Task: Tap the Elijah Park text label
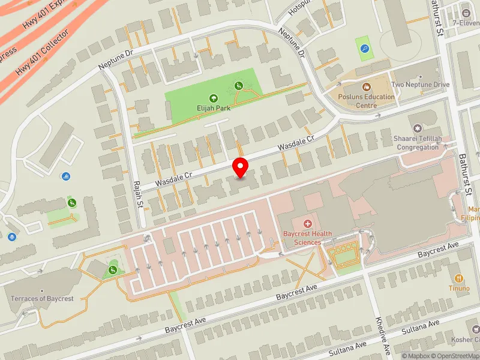213,108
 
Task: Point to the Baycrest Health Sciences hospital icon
307,224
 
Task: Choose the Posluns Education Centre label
358,101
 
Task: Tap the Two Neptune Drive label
420,85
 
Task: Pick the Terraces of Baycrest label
41,298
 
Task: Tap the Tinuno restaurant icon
459,278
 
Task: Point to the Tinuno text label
459,288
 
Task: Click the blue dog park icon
364,47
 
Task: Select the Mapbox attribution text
415,356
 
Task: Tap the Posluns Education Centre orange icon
365,87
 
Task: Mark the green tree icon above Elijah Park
213,98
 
